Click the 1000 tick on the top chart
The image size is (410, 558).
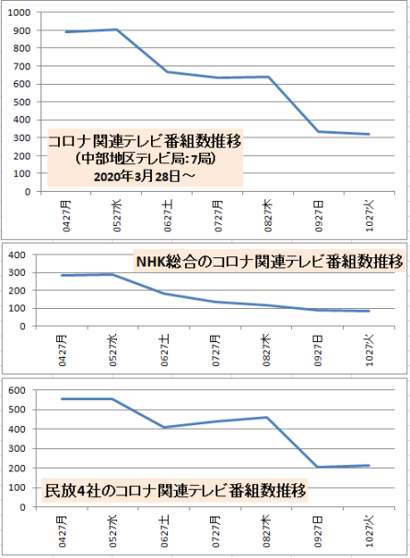(19, 13)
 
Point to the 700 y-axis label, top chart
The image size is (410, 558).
(22, 66)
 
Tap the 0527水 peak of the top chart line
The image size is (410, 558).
(117, 30)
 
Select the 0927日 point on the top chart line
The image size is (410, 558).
(319, 132)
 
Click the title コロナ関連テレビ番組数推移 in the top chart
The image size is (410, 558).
(145, 141)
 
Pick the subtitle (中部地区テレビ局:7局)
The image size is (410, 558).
(145, 159)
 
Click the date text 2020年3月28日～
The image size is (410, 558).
(145, 176)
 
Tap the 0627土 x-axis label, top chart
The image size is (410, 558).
(168, 216)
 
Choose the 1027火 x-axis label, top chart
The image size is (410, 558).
(369, 216)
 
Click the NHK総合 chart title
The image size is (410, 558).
(270, 262)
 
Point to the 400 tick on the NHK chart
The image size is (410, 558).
(18, 255)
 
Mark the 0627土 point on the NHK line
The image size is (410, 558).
(164, 293)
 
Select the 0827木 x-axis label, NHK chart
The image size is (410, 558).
(266, 350)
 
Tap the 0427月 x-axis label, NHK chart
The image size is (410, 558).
(63, 350)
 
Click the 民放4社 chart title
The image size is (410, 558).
(175, 491)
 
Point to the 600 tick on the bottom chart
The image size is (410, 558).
(18, 390)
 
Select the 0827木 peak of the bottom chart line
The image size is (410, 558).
(266, 418)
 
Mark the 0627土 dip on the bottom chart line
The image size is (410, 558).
(164, 427)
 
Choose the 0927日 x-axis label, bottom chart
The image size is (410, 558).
(318, 531)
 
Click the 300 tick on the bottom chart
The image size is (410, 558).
(18, 449)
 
